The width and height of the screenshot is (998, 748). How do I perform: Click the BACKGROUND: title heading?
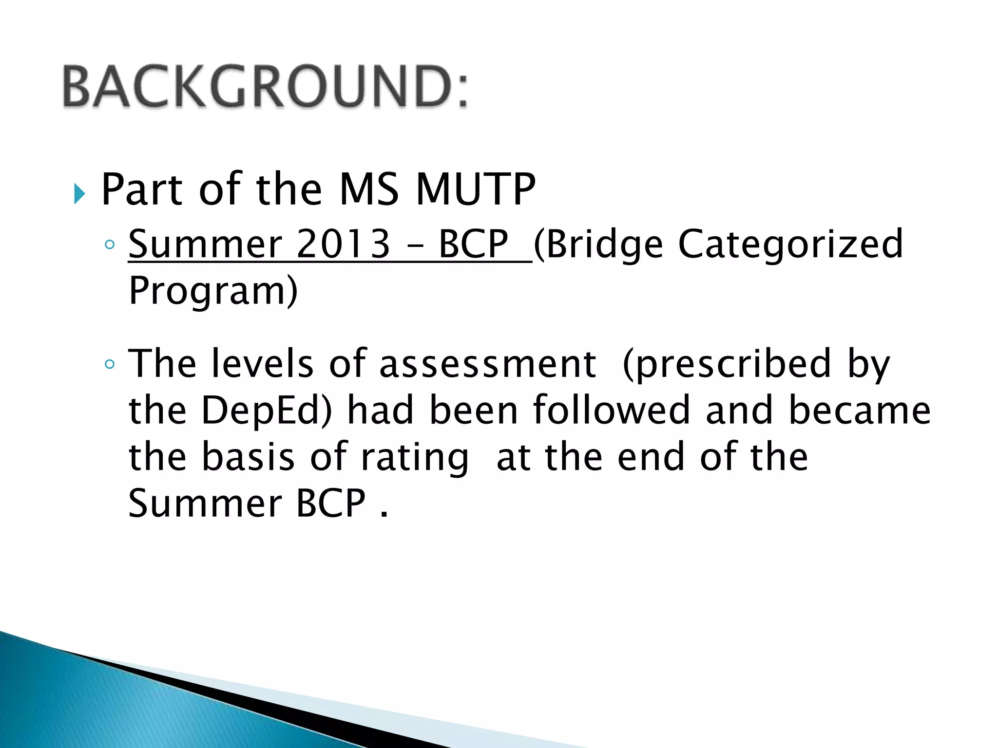click(x=266, y=87)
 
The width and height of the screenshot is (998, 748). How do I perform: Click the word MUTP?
click(x=476, y=190)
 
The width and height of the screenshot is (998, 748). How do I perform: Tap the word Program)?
click(x=213, y=291)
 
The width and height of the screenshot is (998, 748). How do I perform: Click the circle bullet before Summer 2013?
click(x=110, y=244)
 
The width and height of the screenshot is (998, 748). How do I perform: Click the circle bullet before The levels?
click(x=110, y=364)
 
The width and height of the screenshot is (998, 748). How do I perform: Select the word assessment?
click(x=487, y=364)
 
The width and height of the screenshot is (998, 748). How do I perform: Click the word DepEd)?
click(x=267, y=411)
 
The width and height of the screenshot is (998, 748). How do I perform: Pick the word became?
click(x=860, y=411)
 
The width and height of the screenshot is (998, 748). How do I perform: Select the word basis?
click(x=248, y=457)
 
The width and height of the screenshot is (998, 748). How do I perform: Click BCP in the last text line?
click(x=331, y=504)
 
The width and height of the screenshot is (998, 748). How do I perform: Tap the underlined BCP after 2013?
click(x=473, y=243)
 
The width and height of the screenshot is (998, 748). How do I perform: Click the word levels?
click(x=263, y=364)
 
